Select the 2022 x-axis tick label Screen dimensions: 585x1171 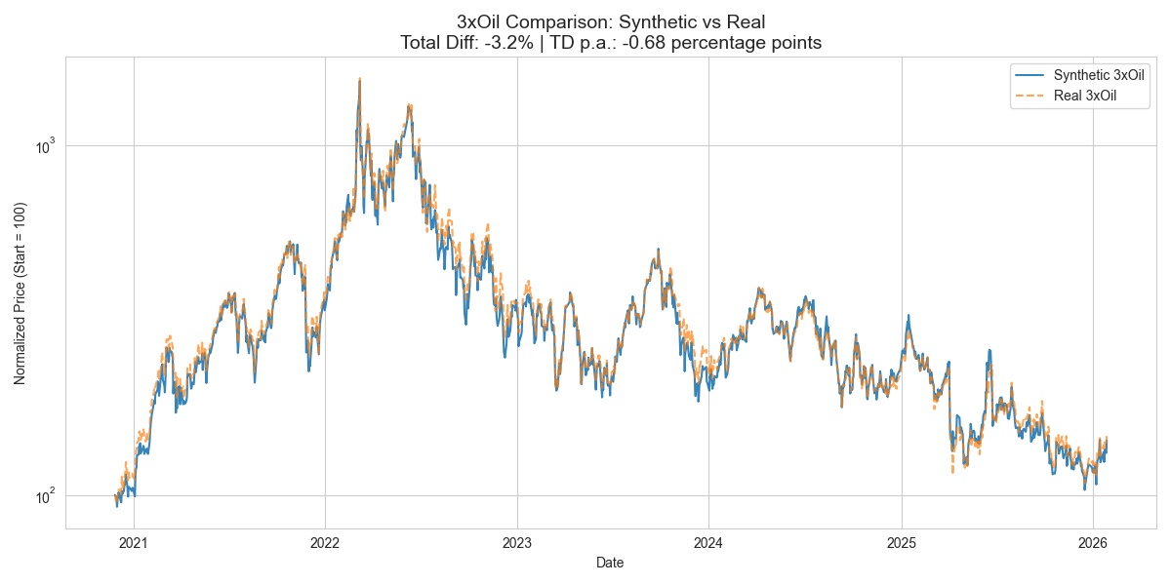tap(325, 542)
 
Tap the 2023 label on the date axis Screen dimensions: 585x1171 tap(517, 542)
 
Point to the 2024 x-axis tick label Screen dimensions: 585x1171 tap(709, 542)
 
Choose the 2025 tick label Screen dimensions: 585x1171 tap(902, 542)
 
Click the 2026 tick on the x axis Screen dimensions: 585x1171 tap(1094, 542)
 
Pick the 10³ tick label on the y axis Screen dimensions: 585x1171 tap(47, 146)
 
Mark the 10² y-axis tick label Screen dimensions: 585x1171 tap(47, 496)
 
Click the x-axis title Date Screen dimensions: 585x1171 tap(610, 563)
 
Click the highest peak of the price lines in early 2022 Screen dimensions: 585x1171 tap(360, 79)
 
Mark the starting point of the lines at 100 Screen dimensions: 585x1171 tap(115, 496)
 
